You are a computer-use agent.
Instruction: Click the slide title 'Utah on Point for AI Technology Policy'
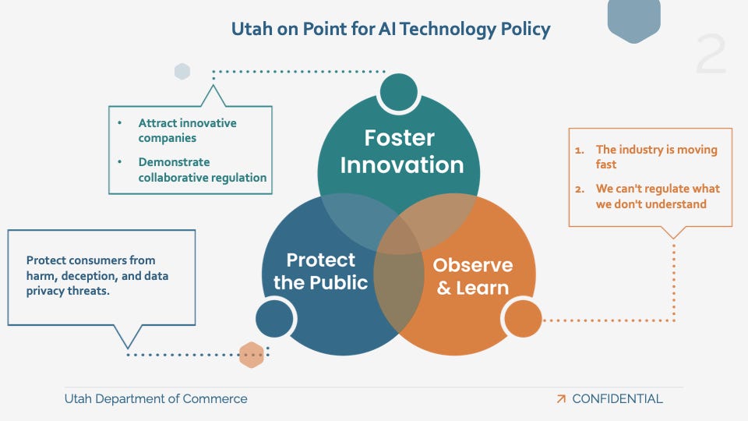click(x=390, y=30)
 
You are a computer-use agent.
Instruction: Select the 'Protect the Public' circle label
click(x=320, y=271)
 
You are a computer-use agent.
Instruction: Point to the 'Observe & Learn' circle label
click(x=472, y=276)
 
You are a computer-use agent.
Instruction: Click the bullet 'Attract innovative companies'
click(x=187, y=130)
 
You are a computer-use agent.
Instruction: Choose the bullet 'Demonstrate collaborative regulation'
click(x=203, y=170)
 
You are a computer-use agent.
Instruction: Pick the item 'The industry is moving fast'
click(x=656, y=157)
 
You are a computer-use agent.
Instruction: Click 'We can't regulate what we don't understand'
click(x=658, y=196)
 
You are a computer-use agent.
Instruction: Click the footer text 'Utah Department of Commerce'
click(x=156, y=399)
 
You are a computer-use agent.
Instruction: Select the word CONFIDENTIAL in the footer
click(x=617, y=399)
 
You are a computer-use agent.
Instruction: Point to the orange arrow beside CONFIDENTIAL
click(x=561, y=399)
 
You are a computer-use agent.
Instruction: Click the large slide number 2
click(x=710, y=55)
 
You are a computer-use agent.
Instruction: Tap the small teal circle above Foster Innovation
click(x=399, y=93)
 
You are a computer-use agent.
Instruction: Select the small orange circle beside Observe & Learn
click(x=522, y=319)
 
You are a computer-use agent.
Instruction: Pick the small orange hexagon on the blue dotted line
click(x=251, y=354)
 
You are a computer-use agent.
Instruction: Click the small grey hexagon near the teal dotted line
click(x=182, y=72)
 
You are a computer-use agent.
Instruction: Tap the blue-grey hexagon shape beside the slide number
click(x=633, y=19)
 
